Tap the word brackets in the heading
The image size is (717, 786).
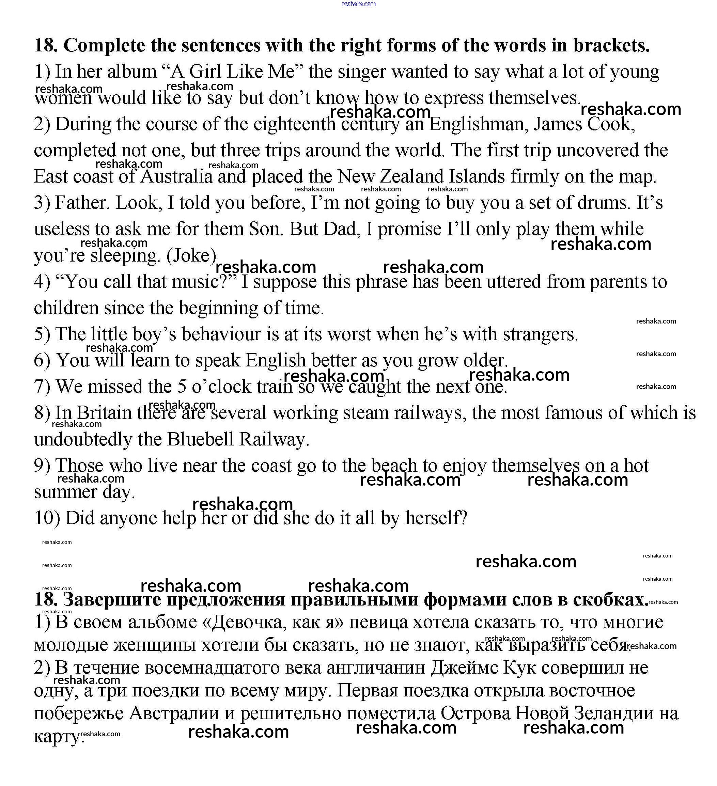pyautogui.click(x=611, y=46)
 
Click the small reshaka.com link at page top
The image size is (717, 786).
pyautogui.click(x=359, y=4)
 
